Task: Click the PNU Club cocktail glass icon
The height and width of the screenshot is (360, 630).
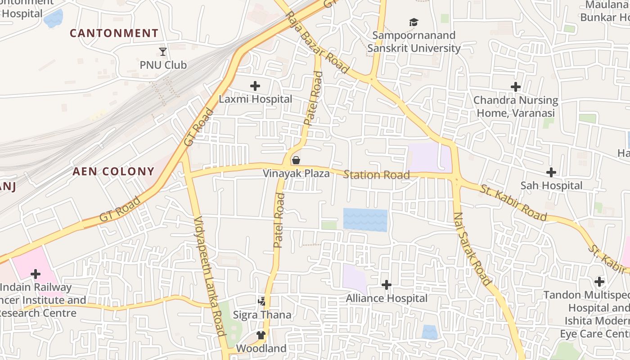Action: click(163, 52)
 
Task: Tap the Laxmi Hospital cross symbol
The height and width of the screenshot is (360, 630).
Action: click(255, 85)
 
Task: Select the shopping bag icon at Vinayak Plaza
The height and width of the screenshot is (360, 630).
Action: click(296, 160)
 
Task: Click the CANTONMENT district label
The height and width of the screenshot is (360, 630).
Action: click(114, 33)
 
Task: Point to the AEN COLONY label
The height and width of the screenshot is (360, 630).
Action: click(113, 171)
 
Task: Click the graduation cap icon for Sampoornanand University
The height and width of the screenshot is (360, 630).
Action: click(414, 22)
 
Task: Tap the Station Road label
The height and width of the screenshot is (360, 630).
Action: click(376, 175)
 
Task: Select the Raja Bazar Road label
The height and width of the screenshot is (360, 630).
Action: click(318, 43)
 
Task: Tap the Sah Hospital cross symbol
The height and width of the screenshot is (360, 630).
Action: click(551, 172)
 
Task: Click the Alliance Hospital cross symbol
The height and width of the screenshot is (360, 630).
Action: click(386, 285)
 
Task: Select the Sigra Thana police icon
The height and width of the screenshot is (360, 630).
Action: click(262, 301)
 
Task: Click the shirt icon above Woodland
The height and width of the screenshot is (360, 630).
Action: click(261, 335)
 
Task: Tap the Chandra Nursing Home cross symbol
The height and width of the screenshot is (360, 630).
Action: click(516, 87)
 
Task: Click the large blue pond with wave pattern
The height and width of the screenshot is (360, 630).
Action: click(365, 220)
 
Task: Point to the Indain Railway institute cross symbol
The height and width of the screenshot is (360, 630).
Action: click(36, 274)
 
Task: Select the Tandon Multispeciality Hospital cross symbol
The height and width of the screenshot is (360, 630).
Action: click(599, 282)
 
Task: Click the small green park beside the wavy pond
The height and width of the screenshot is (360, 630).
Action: click(329, 225)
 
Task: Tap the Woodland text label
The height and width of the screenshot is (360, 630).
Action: click(261, 348)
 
